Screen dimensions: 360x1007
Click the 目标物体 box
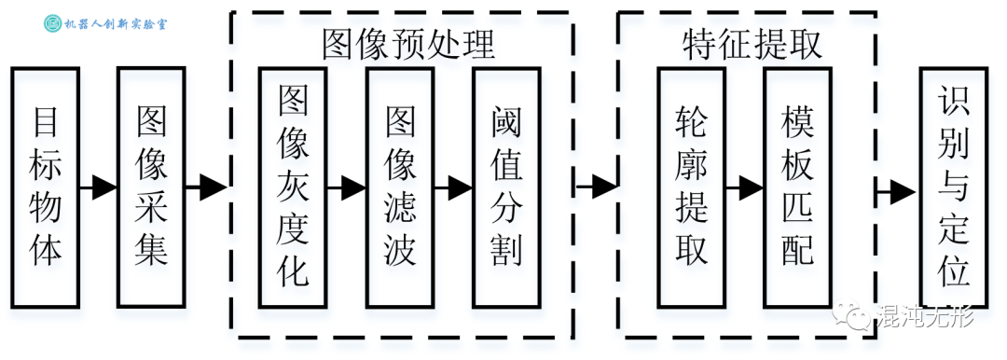tap(47, 187)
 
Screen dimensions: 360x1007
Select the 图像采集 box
tap(152, 187)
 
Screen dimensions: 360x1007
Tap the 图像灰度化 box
tap(294, 187)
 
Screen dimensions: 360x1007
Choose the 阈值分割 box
tap(506, 187)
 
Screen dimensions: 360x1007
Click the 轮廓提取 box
tap(692, 187)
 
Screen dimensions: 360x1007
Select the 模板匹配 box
tap(798, 187)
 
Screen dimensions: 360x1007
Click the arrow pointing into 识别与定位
tap(897, 192)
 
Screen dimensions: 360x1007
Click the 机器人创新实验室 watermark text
tap(125, 22)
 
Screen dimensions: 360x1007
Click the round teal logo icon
tap(54, 22)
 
